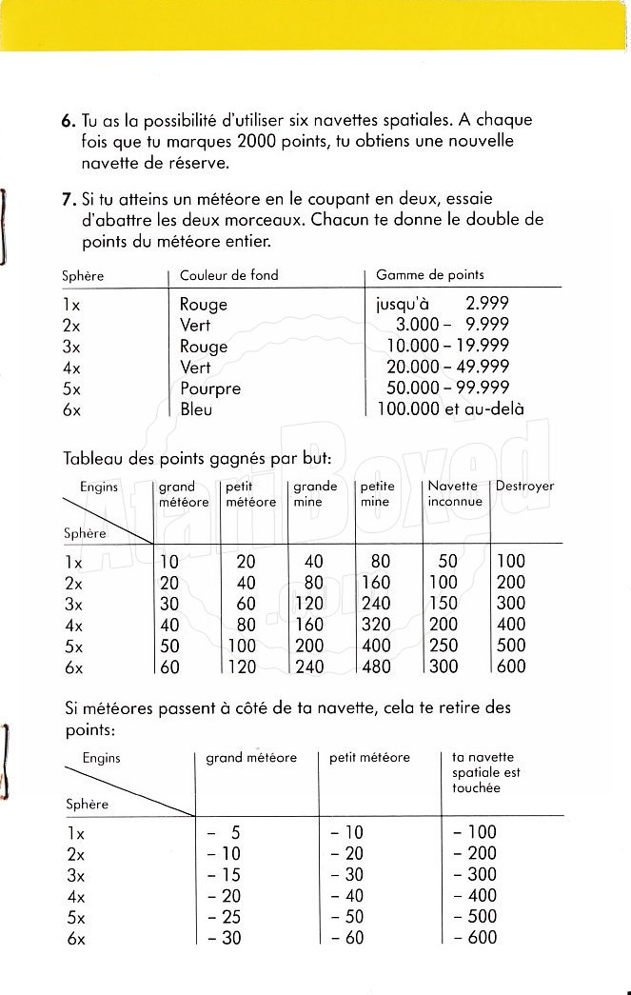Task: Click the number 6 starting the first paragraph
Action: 66,121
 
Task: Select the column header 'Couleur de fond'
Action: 228,275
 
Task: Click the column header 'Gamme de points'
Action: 429,274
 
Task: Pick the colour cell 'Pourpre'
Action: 210,388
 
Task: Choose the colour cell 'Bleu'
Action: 196,409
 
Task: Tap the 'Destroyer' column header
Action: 524,487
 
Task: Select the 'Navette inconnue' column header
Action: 454,493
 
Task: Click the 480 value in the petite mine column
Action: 376,667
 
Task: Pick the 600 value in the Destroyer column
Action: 511,667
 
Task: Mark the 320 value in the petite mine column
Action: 376,625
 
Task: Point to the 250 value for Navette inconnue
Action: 444,646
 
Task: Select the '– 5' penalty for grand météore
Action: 225,832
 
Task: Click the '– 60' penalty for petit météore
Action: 347,938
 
